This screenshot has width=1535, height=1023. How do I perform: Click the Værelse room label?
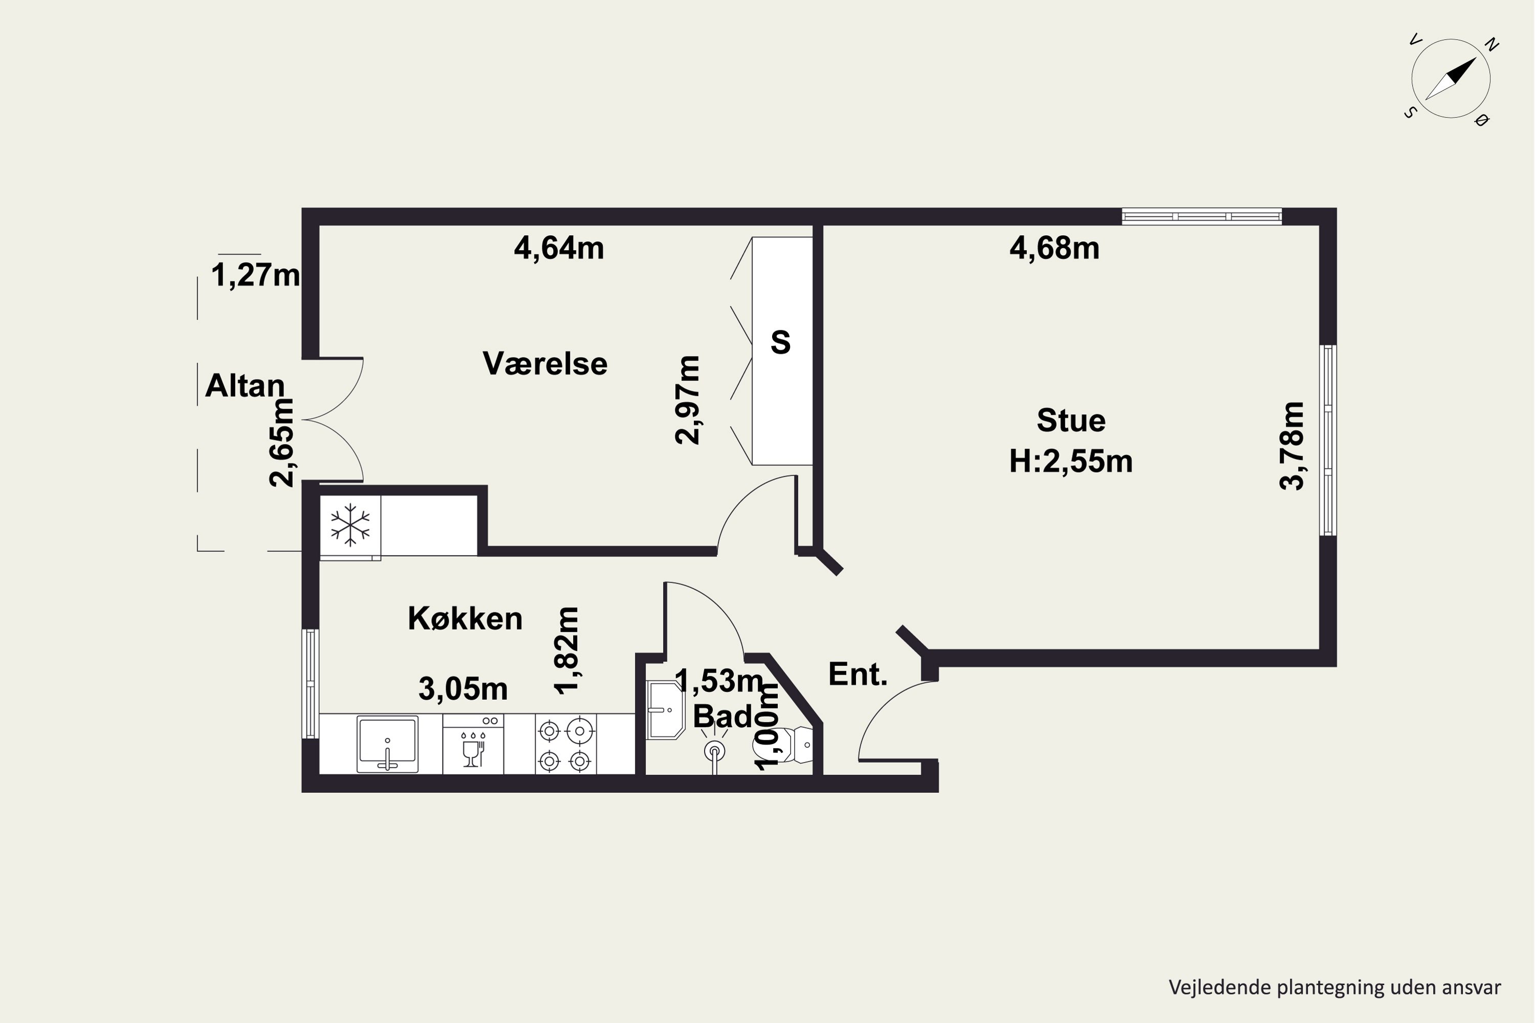pyautogui.click(x=545, y=363)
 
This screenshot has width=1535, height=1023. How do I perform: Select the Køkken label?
pyautogui.click(x=465, y=618)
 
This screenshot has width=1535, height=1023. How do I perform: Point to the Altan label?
pyautogui.click(x=245, y=386)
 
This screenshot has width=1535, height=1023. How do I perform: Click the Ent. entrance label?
pyautogui.click(x=858, y=674)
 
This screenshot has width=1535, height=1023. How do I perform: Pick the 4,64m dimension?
pyautogui.click(x=559, y=248)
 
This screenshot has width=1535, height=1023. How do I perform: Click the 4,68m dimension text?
pyautogui.click(x=1054, y=248)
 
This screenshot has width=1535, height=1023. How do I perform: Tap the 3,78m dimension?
pyautogui.click(x=1291, y=446)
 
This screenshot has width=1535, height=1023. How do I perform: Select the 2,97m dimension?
pyautogui.click(x=687, y=400)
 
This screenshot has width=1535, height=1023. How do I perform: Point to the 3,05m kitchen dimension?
pyautogui.click(x=463, y=688)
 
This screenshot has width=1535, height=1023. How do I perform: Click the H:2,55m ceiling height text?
pyautogui.click(x=1070, y=461)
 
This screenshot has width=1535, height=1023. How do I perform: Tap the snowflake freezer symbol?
pyautogui.click(x=350, y=525)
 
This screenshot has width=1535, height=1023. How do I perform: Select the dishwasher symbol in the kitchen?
pyautogui.click(x=473, y=744)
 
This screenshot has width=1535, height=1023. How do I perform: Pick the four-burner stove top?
pyautogui.click(x=565, y=744)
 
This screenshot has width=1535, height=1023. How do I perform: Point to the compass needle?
pyautogui.click(x=1450, y=79)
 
